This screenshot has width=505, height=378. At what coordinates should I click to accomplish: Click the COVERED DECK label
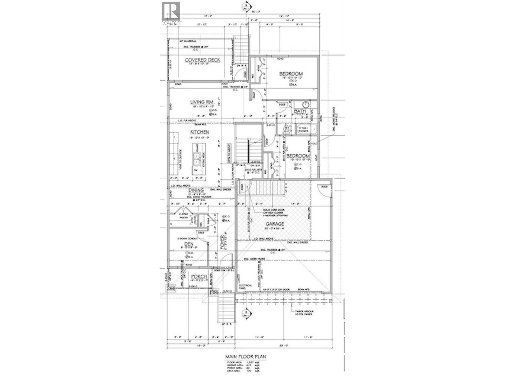click(x=202, y=60)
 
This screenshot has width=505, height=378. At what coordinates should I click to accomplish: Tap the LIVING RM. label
click(x=202, y=102)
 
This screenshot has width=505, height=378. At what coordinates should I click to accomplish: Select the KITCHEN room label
click(x=199, y=132)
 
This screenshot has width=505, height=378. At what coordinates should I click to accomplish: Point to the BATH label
click(x=300, y=112)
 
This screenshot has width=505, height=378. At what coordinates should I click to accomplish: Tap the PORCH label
click(x=199, y=277)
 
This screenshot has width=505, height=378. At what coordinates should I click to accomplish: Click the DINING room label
click(x=196, y=191)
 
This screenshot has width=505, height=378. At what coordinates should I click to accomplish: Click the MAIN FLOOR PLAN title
click(x=245, y=357)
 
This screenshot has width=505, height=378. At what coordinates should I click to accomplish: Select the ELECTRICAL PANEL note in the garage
click(x=246, y=287)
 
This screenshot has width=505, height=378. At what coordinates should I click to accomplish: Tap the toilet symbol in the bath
click(x=286, y=129)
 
